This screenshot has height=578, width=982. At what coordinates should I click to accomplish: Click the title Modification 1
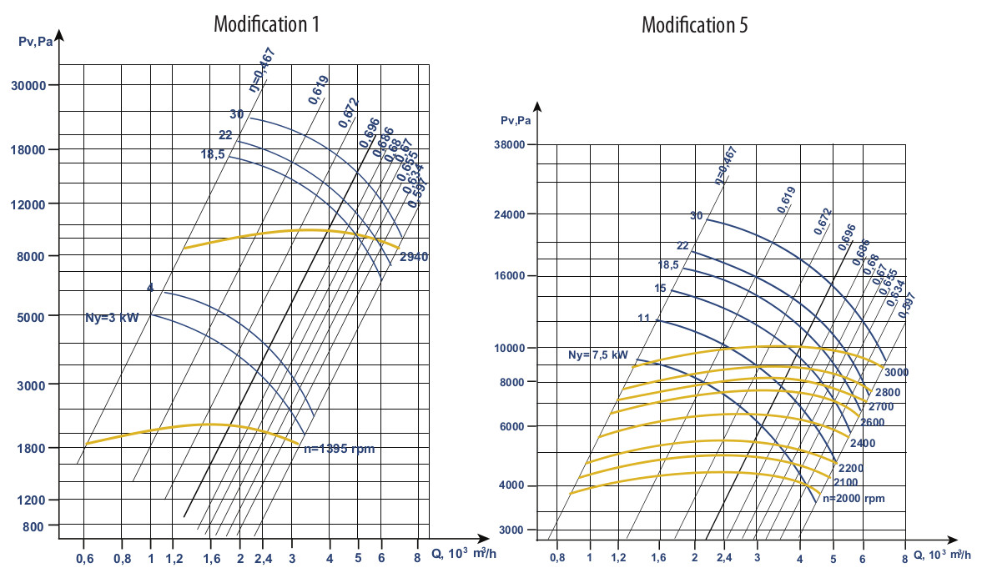coord(266,24)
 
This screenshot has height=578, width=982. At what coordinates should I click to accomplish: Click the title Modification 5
coord(694,25)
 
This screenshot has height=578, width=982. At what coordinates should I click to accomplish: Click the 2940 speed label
coord(414,257)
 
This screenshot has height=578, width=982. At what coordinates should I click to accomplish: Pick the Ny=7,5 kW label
coord(597,354)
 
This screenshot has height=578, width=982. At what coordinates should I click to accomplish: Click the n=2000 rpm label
coord(853,498)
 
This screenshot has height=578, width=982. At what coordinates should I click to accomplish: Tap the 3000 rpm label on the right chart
coord(897,371)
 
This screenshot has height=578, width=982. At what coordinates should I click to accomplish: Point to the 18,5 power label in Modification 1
coord(212,154)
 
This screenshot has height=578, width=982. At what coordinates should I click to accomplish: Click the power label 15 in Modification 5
coord(661,289)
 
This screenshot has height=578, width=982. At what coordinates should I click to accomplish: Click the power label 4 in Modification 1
coord(150,288)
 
